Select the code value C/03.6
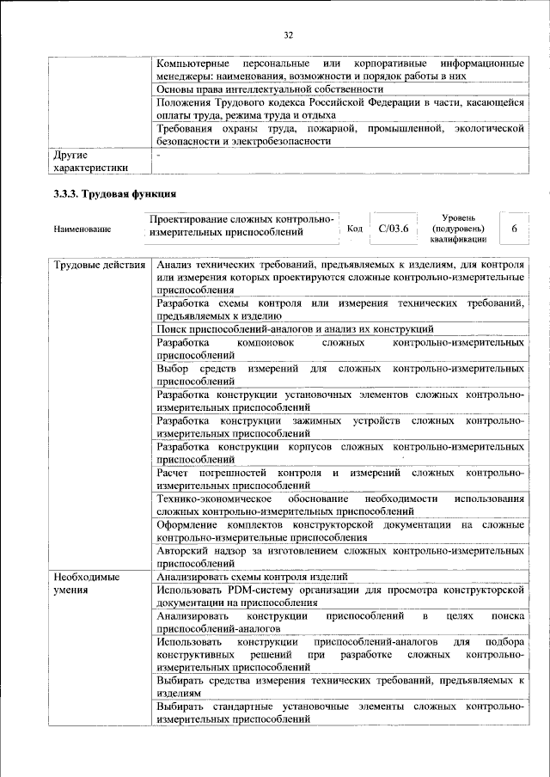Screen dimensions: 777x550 tap(393, 229)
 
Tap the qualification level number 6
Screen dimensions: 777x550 tap(513, 229)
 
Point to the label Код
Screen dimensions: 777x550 tap(354, 229)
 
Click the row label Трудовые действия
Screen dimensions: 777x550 tap(99, 265)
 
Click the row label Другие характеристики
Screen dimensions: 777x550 tap(90, 162)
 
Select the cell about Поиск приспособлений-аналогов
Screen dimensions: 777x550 tap(295, 328)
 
